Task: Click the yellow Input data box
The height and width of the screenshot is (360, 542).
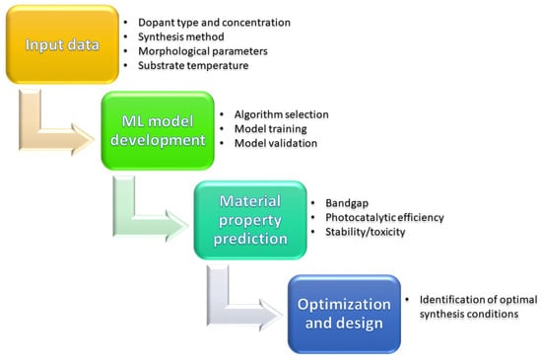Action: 62,44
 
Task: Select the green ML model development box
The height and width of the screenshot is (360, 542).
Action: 158,131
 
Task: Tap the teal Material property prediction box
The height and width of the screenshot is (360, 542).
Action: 250,220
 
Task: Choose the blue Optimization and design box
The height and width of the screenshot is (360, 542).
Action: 344,314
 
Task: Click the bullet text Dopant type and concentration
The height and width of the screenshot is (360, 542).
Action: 214,23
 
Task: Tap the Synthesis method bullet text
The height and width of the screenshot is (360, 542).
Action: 181,36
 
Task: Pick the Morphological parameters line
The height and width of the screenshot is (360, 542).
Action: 203,51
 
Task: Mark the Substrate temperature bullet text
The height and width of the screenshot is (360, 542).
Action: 193,65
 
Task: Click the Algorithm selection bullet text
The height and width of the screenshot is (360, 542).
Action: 282,114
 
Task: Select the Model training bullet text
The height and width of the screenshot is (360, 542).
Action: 271,129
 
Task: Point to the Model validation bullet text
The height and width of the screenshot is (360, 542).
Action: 276,143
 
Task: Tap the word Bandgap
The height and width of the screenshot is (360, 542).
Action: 347,203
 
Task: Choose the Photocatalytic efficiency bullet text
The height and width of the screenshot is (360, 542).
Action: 384,218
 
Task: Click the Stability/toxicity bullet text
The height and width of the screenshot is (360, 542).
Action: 366,232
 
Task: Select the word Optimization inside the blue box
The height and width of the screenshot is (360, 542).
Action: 344,305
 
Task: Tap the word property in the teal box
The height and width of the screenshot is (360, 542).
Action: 250,221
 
